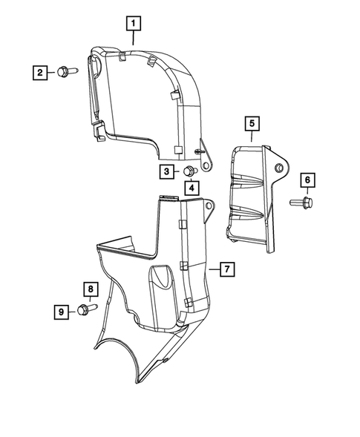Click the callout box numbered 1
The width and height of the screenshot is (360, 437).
pos(133,24)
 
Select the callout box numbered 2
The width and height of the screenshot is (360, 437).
pos(39,72)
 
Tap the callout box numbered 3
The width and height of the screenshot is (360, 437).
pos(168,172)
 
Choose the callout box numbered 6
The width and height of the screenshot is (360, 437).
pos(307,180)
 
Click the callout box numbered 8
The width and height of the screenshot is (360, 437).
pos(89,289)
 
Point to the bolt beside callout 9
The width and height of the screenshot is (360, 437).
pos(84,311)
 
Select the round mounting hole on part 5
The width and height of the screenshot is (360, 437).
pos(281,168)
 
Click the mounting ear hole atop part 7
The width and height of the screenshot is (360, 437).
pos(210,205)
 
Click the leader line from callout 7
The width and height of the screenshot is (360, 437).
pos(215,269)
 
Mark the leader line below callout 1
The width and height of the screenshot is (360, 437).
pos(133,38)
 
